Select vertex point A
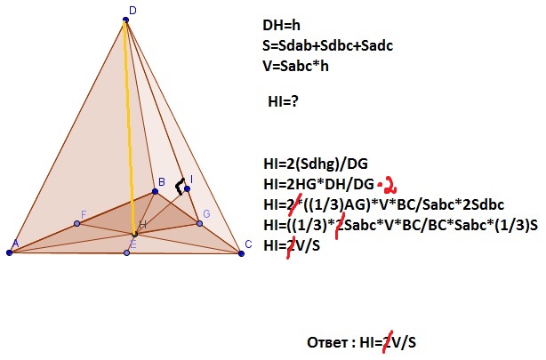(x=9, y=252)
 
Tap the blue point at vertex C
(x=241, y=252)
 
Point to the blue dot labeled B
(x=153, y=187)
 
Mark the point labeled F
(x=77, y=223)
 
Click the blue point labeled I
(x=187, y=188)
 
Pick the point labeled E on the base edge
(x=127, y=253)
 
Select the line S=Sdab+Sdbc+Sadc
(x=334, y=44)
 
